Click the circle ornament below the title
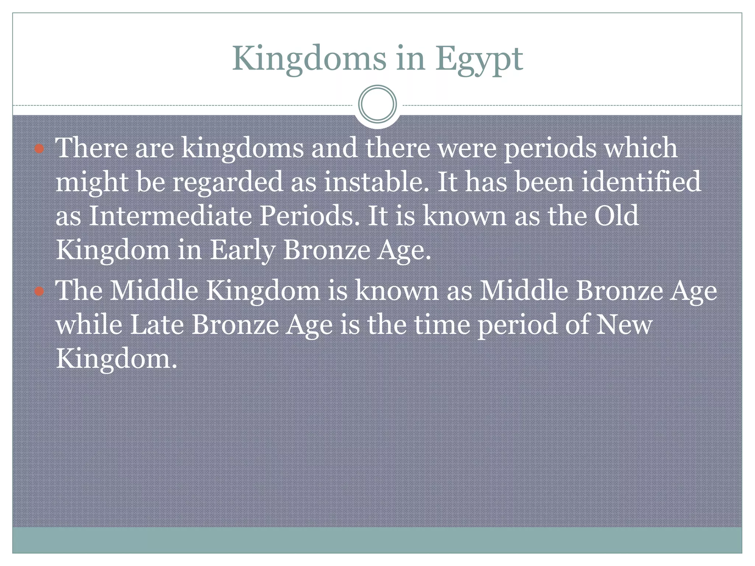pyautogui.click(x=377, y=104)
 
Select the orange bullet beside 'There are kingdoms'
pyautogui.click(x=39, y=149)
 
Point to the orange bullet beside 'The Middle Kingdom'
pyautogui.click(x=39, y=291)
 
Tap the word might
pyautogui.click(x=91, y=182)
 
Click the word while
pyautogui.click(x=89, y=325)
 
